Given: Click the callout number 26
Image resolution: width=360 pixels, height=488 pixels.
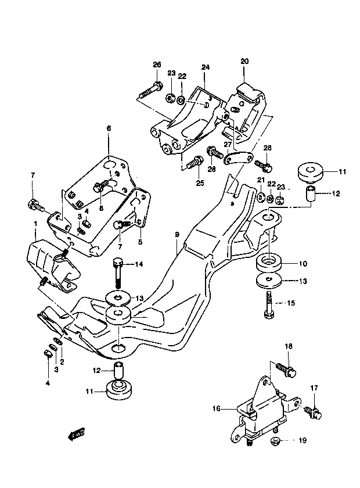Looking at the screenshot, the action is click(157, 64).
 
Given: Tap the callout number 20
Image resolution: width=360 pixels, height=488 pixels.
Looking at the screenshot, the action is click(244, 61).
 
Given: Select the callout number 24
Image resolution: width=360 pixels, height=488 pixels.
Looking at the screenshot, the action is click(206, 67).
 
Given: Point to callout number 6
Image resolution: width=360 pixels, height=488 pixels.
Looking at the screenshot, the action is click(109, 128).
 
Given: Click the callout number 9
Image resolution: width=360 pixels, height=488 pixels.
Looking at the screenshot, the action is click(177, 234).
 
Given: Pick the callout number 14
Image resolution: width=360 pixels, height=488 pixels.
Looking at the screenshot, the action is click(139, 264).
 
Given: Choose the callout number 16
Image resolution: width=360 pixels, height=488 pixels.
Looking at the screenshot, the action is click(217, 408).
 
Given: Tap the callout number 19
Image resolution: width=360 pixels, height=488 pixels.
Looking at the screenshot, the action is click(303, 440).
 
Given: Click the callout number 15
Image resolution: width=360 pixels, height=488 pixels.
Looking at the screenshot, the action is click(291, 303).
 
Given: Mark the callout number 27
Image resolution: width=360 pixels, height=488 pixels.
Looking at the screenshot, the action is click(228, 145).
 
